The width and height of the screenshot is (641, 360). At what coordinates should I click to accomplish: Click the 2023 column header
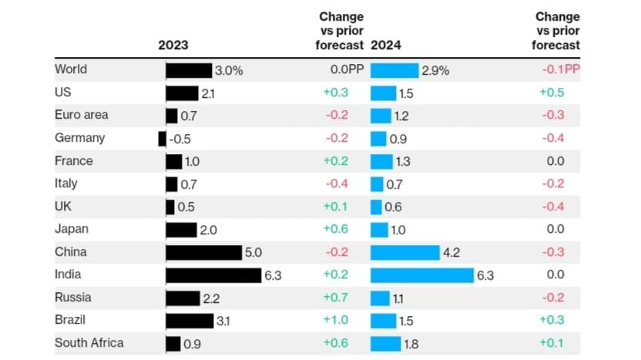tap(173, 45)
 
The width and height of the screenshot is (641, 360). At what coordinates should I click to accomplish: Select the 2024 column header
tap(386, 45)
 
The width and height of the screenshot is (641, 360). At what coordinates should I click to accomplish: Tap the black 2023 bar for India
tap(213, 275)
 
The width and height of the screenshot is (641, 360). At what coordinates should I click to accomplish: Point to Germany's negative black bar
tap(162, 139)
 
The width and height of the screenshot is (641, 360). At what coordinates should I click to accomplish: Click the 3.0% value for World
tap(229, 70)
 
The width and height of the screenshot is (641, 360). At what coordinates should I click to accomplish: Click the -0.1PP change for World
tap(559, 70)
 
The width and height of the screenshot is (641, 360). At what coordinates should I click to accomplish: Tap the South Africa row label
tap(89, 343)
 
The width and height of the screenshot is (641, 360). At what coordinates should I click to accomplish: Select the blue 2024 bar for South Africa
tap(386, 344)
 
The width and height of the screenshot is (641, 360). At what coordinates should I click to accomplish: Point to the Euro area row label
tap(81, 115)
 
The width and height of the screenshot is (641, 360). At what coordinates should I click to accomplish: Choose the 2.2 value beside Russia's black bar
tap(211, 298)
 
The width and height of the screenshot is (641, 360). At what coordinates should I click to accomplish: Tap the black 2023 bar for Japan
tap(181, 230)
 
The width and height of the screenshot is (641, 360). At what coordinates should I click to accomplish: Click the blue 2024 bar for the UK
tap(376, 207)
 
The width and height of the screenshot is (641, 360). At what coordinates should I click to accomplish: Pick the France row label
tap(73, 161)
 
